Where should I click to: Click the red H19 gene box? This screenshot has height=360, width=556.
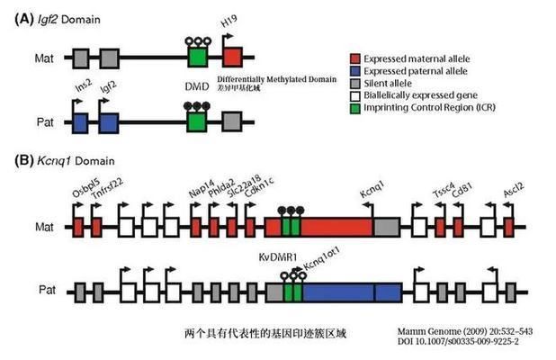click(232, 58)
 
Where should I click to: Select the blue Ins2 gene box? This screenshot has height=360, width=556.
click(80, 123)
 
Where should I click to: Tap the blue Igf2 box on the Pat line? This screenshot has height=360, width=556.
click(110, 123)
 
